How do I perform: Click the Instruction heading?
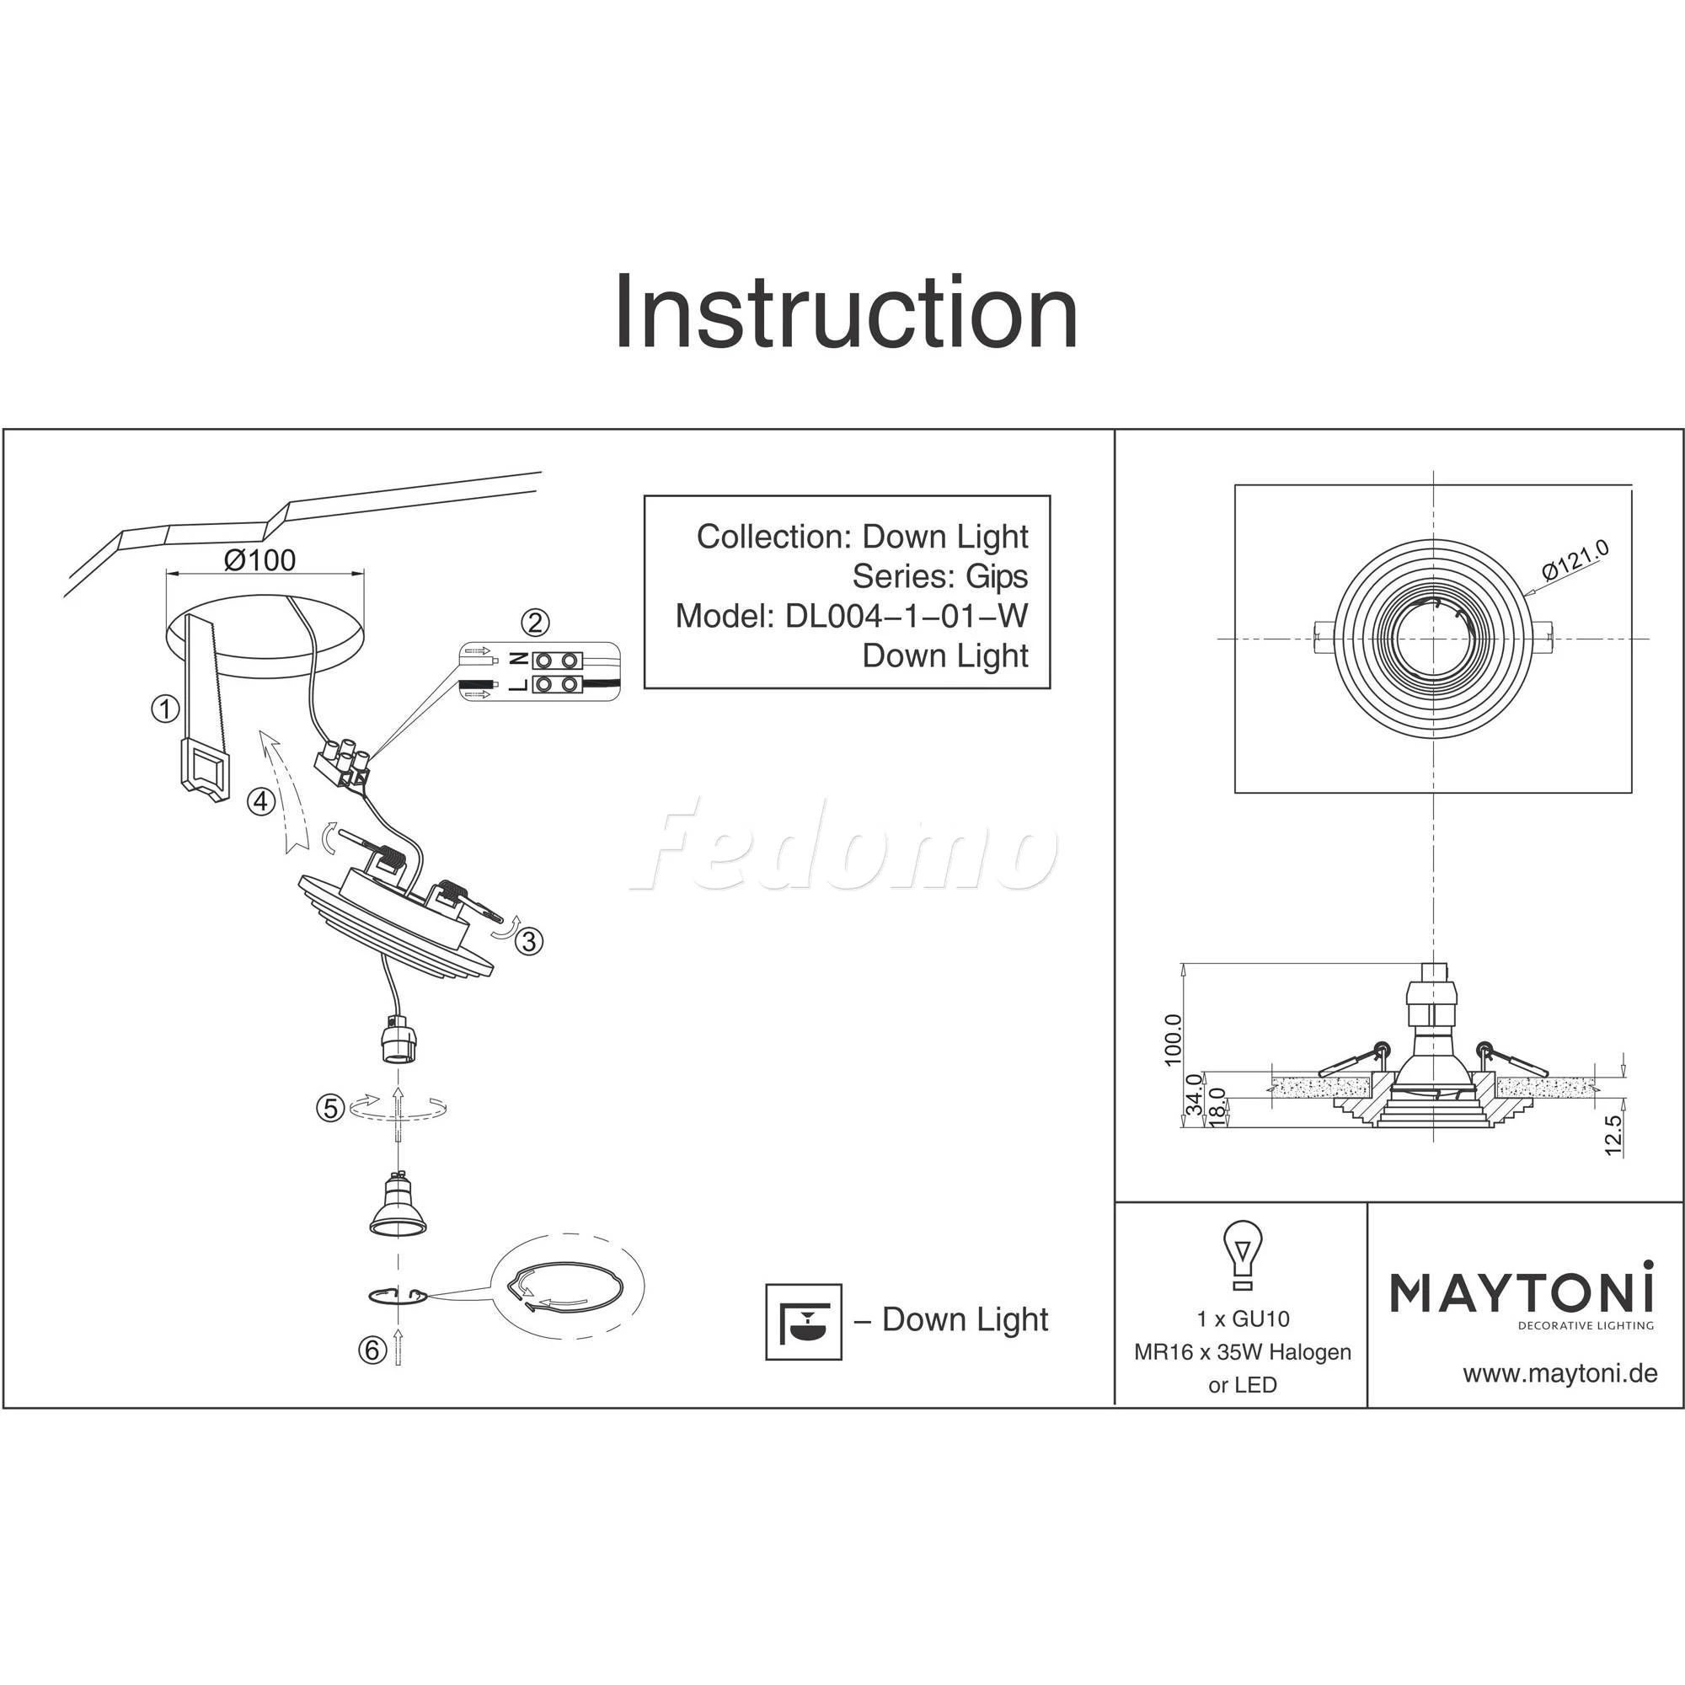pyautogui.click(x=845, y=313)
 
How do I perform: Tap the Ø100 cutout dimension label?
pyautogui.click(x=259, y=560)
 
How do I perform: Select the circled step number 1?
pyautogui.click(x=165, y=709)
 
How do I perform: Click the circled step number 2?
pyautogui.click(x=535, y=622)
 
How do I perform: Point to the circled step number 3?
pyautogui.click(x=529, y=941)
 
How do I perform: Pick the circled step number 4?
pyautogui.click(x=262, y=800)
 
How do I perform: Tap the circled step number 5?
pyautogui.click(x=329, y=1109)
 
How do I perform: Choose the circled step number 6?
pyautogui.click(x=372, y=1351)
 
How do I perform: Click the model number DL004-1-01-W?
pyautogui.click(x=907, y=616)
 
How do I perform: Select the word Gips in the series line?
pyautogui.click(x=996, y=576)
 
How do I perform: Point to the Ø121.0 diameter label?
pyautogui.click(x=1575, y=561)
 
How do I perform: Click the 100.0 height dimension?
pyautogui.click(x=1173, y=1040)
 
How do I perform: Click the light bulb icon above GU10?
pyautogui.click(x=1242, y=1254)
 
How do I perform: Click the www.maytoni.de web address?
pyautogui.click(x=1559, y=1374)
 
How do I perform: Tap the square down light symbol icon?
pyautogui.click(x=803, y=1322)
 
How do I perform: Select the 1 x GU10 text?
pyautogui.click(x=1243, y=1319)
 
